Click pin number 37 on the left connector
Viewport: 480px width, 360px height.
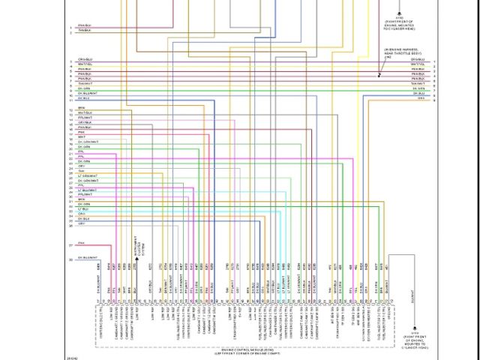click(70, 246)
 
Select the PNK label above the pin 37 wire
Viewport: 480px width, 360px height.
click(81, 242)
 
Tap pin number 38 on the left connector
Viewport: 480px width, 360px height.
click(70, 259)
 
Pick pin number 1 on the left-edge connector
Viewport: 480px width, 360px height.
click(70, 27)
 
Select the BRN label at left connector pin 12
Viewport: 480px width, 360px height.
click(81, 107)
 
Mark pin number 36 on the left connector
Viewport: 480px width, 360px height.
click(70, 224)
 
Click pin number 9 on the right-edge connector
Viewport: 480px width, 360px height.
click(433, 99)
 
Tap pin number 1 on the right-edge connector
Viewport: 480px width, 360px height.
click(433, 59)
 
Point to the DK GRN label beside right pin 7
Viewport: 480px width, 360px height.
click(419, 88)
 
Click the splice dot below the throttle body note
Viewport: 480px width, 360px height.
click(379, 74)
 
